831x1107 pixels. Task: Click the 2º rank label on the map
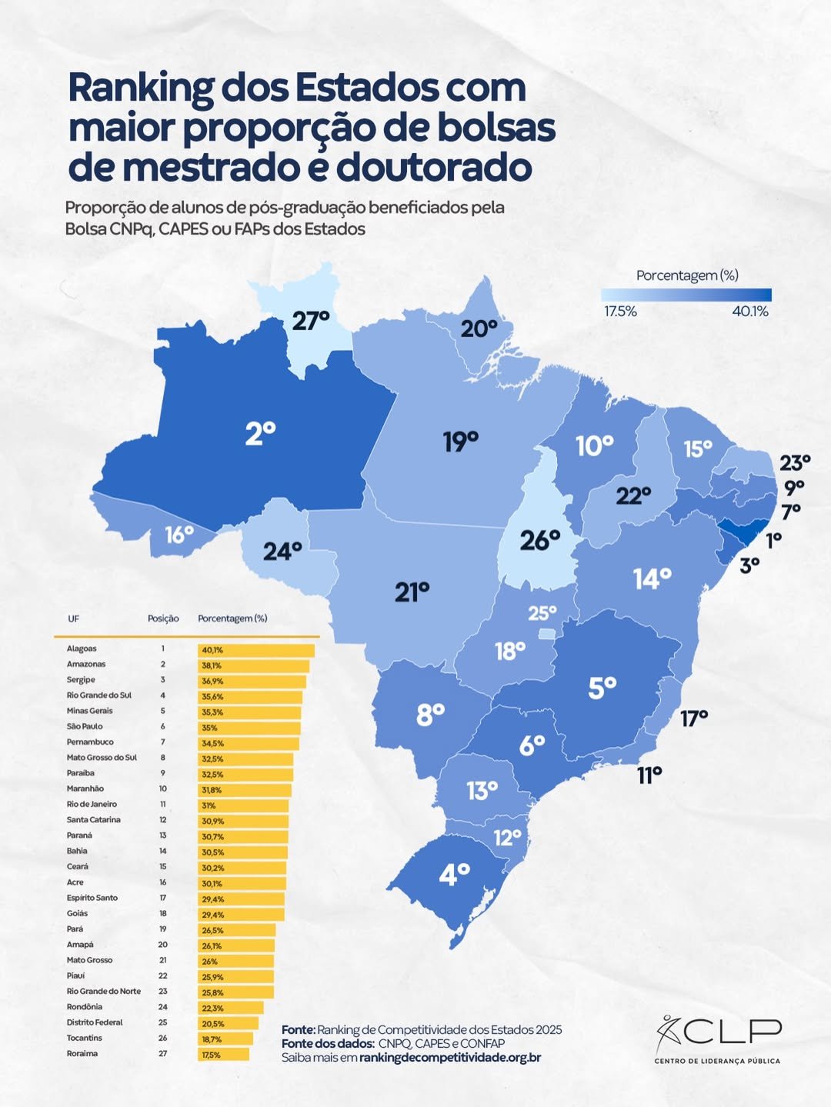point(260,434)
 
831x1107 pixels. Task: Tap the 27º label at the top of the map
point(310,321)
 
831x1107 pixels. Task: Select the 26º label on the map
point(539,540)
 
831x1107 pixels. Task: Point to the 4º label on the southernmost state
point(454,874)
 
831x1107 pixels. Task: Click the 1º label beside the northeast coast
point(773,539)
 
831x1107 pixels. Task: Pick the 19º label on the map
point(460,442)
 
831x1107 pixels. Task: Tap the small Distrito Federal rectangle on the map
point(546,633)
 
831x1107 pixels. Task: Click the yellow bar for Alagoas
point(256,650)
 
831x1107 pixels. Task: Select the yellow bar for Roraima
point(223,1054)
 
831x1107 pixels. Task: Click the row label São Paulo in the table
point(85,726)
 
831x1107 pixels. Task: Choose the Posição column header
point(163,619)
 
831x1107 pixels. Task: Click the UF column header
point(73,619)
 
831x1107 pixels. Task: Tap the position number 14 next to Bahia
point(163,851)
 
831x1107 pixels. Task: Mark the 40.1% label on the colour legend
point(750,312)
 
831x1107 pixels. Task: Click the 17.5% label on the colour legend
point(620,312)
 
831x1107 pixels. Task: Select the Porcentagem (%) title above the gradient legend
point(687,275)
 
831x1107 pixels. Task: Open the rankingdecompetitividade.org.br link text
point(449,1057)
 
